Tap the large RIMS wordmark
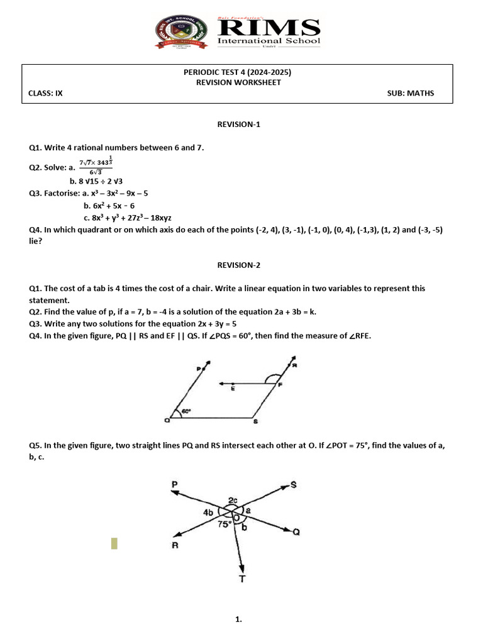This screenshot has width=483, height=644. [x=269, y=28]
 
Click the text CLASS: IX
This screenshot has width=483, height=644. [x=46, y=93]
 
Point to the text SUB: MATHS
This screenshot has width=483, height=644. [x=411, y=93]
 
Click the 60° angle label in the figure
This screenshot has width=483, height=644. [x=186, y=411]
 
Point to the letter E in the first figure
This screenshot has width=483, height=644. [x=233, y=390]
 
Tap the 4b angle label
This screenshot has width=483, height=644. [x=209, y=513]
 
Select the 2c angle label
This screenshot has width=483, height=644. [x=233, y=500]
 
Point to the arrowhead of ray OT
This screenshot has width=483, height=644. [x=241, y=565]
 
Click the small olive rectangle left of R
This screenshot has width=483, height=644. [x=114, y=543]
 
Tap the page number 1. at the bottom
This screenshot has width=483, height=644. [x=238, y=619]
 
